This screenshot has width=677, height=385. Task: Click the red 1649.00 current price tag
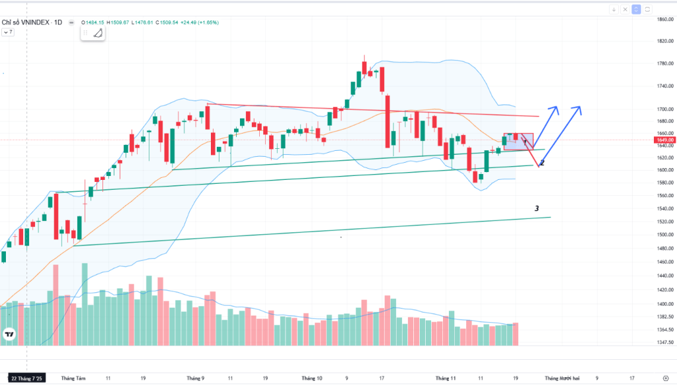coord(664,140)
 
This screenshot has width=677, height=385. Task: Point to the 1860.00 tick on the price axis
coord(664,19)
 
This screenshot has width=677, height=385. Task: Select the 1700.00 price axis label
coord(664,109)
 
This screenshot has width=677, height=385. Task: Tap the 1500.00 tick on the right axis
coord(664,235)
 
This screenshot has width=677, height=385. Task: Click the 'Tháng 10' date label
coord(311,378)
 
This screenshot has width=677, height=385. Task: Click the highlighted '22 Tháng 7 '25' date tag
coord(27,378)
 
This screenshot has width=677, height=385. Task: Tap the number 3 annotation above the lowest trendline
coord(537,208)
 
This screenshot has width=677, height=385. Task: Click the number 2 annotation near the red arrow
coord(542,162)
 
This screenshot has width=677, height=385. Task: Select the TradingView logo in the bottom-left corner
coord(9,335)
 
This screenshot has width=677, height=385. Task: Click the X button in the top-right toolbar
coord(625,9)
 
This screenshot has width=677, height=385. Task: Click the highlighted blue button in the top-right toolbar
coord(636,9)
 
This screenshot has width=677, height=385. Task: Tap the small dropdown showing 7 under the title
coord(9,32)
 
